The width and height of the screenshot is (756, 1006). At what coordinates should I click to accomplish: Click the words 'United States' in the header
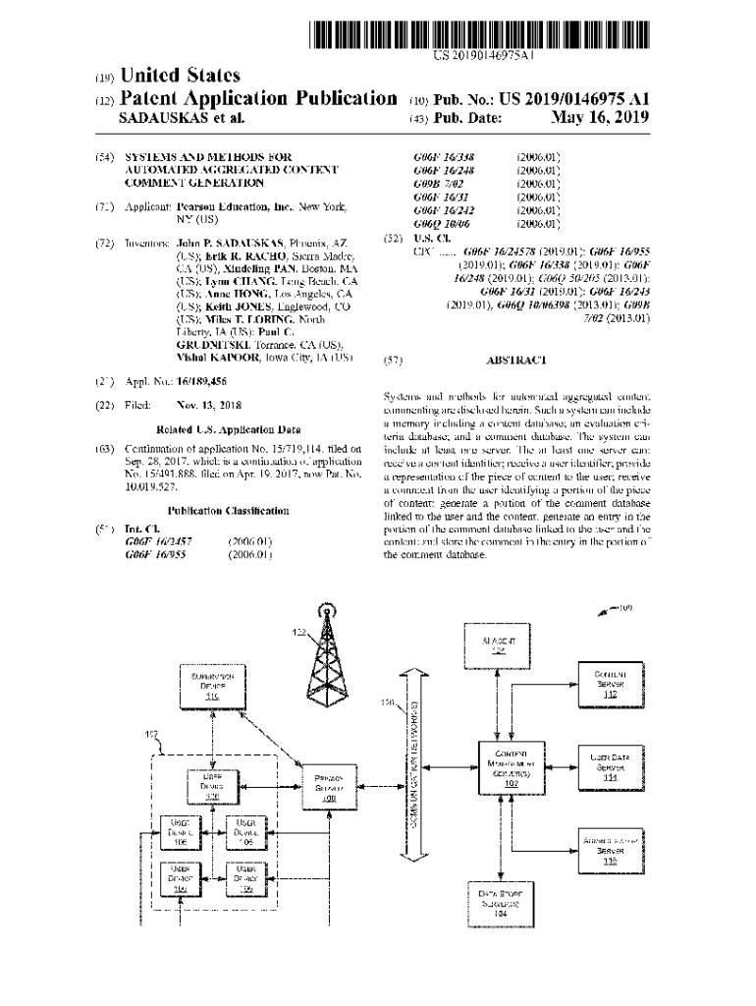tap(180, 76)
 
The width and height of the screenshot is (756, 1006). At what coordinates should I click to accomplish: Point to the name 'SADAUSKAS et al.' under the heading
tap(180, 118)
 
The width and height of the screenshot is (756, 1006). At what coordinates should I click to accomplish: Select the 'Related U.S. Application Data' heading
tap(228, 429)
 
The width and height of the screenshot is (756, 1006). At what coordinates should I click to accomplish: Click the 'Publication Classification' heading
tap(228, 511)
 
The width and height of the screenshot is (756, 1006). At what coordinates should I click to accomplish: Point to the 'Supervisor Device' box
tap(211, 685)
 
